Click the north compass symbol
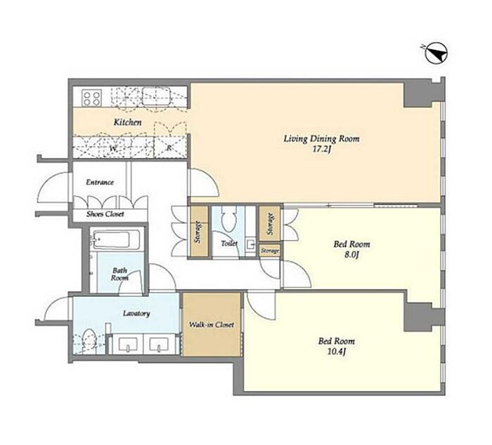coord(436,54)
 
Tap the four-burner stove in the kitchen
coord(91,98)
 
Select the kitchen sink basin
coord(156,96)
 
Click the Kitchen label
coord(127,122)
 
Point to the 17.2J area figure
coord(322,150)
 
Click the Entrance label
coord(100,182)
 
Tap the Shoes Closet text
coord(105,214)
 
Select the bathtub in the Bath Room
coord(115,240)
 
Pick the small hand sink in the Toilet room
coord(251,245)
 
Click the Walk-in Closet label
coord(212,325)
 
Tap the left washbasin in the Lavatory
coord(128,344)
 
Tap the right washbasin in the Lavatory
coord(159,344)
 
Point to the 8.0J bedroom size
coord(351,255)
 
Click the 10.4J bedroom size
coord(337,352)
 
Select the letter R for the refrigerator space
coord(169,148)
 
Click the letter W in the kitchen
coord(112,149)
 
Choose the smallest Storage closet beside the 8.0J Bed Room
coord(269,251)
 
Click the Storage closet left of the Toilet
coord(199,232)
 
